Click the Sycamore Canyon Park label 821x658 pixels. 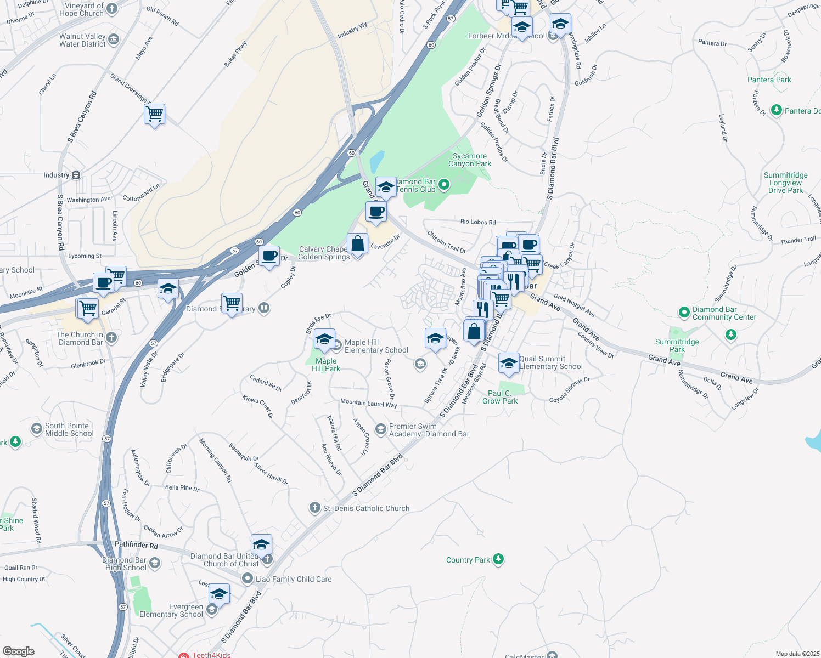click(x=469, y=160)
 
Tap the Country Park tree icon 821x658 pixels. click(x=498, y=559)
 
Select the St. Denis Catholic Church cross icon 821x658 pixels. click(x=314, y=508)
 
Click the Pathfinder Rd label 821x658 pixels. click(x=136, y=545)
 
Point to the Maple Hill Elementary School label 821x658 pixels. click(x=376, y=346)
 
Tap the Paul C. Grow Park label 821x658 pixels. click(x=500, y=397)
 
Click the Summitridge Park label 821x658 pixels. click(x=677, y=345)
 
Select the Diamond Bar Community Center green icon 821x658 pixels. click(x=684, y=313)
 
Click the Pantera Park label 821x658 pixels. click(x=769, y=80)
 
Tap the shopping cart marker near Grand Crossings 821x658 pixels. click(x=155, y=115)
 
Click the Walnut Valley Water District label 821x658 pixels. click(x=82, y=40)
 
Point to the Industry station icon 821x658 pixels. click(x=76, y=175)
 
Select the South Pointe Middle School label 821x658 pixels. click(x=69, y=429)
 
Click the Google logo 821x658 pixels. click(x=19, y=651)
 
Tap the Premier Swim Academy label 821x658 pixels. click(x=429, y=430)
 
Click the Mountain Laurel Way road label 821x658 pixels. click(x=368, y=403)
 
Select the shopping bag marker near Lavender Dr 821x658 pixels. click(x=357, y=244)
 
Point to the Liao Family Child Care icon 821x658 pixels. click(x=248, y=579)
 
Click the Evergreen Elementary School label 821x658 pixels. click(x=171, y=610)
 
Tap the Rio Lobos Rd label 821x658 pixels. click(x=477, y=222)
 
